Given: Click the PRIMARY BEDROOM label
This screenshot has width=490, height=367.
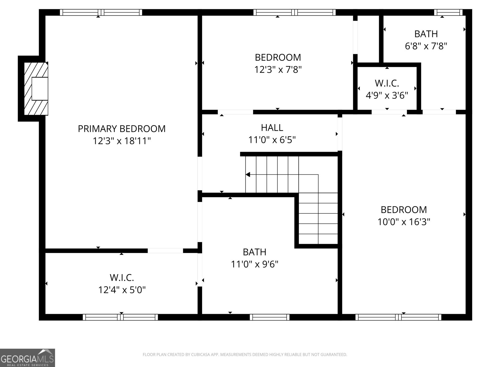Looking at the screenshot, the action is pos(122,129).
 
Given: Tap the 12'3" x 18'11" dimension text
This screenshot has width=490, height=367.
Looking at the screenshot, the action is pos(122,141).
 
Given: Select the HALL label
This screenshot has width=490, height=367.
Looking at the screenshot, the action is pos(272,128).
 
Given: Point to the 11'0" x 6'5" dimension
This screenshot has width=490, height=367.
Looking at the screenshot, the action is pos(272,140).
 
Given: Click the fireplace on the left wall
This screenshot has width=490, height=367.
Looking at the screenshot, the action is pos(36,89).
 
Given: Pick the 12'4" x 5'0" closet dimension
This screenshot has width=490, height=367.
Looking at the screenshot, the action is pos(122,290).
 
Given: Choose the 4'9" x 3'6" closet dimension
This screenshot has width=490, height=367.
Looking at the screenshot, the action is pos(387,96).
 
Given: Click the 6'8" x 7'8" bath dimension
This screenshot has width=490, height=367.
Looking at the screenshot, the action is pos(426,46).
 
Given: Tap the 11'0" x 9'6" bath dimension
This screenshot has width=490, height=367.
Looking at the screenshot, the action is pos(254,264).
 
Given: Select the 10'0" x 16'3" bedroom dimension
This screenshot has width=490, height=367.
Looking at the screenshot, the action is pos(404,222).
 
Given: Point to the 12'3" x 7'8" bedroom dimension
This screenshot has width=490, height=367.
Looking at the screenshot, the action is pos(278,70).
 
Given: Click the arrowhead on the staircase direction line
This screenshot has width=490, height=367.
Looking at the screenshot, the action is pos(247,174).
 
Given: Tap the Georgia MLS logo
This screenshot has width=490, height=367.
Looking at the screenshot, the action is pos(28,358).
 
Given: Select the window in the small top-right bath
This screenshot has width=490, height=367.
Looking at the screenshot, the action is pos(448,13).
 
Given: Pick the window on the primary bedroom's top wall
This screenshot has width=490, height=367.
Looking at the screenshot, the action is pos(101,13).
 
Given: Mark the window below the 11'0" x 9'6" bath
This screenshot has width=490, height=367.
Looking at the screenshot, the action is pos(269,317).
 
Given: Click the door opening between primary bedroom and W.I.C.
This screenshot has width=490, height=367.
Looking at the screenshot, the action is pos(165,251).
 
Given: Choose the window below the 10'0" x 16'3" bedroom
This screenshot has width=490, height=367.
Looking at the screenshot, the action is pos(398,317).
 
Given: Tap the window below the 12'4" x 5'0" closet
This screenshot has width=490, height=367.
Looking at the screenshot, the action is pos(120,317).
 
